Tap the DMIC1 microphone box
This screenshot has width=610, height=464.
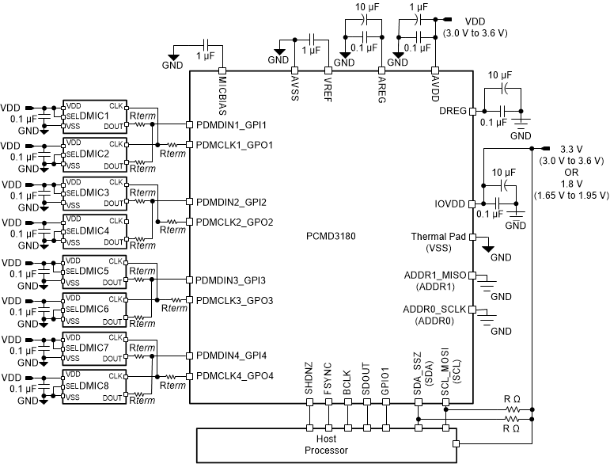click(x=94, y=116)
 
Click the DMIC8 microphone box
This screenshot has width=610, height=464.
click(x=94, y=386)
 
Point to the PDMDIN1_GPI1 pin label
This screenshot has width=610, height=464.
click(x=231, y=125)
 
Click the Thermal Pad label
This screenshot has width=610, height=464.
click(x=439, y=237)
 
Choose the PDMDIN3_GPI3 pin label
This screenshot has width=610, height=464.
click(x=231, y=280)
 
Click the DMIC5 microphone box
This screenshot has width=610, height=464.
click(x=94, y=271)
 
